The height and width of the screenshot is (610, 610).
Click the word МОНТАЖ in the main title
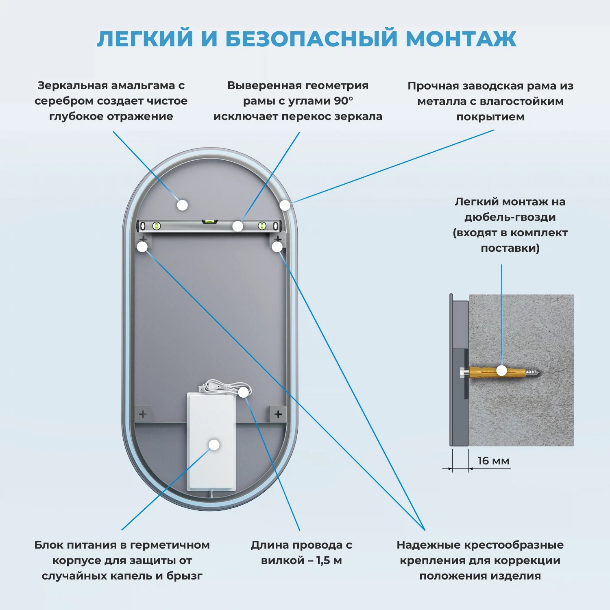click(x=461, y=39)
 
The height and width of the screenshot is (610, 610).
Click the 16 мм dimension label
click(x=493, y=461)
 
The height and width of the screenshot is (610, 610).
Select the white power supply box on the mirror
click(x=211, y=464)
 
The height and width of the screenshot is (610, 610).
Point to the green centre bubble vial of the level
click(x=210, y=222)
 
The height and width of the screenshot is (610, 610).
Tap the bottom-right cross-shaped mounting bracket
click(x=278, y=414)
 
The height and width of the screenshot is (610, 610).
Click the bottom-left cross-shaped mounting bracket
click(x=143, y=414)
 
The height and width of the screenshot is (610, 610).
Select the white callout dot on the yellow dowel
click(x=502, y=370)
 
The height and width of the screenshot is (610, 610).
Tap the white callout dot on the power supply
click(x=214, y=445)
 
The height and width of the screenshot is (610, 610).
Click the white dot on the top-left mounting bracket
click(x=142, y=246)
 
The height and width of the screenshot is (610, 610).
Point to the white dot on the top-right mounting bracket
click(x=277, y=246)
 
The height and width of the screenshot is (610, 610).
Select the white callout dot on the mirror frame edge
click(x=285, y=205)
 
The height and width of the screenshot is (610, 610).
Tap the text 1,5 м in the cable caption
click(x=329, y=560)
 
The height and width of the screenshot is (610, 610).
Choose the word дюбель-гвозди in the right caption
click(x=510, y=217)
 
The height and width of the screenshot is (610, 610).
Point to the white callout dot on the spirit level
click(x=238, y=226)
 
